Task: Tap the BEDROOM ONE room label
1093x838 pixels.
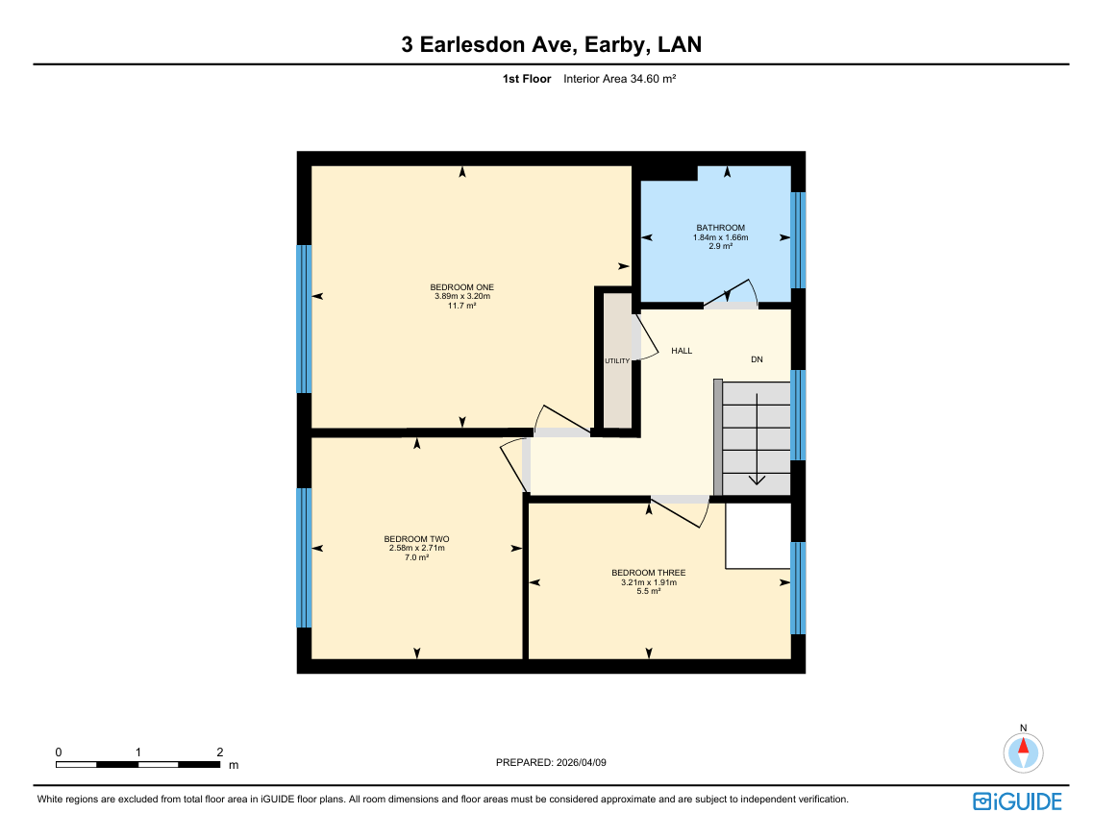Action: pos(461,287)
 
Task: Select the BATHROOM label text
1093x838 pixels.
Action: pos(721,228)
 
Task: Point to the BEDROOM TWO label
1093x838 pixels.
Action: pos(416,539)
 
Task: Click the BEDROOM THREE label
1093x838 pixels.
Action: pos(648,573)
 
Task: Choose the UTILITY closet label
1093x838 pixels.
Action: pos(617,360)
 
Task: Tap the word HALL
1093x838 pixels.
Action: pos(682,351)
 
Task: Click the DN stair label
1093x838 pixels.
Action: pos(757,359)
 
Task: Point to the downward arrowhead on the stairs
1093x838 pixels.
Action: pos(757,480)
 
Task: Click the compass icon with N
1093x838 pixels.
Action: pos(1023,752)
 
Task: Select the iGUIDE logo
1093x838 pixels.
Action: pos(1017,801)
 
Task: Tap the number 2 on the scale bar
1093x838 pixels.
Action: pos(219,752)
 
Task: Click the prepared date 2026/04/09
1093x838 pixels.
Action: pos(582,763)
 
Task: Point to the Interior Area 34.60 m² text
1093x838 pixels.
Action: pos(620,79)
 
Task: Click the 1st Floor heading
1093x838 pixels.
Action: pos(527,79)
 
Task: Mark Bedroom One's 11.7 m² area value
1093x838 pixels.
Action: pos(461,305)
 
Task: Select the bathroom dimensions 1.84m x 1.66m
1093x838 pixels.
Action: pos(721,237)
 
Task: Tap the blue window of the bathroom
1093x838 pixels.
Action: pos(798,240)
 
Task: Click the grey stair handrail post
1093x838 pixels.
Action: pos(718,437)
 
